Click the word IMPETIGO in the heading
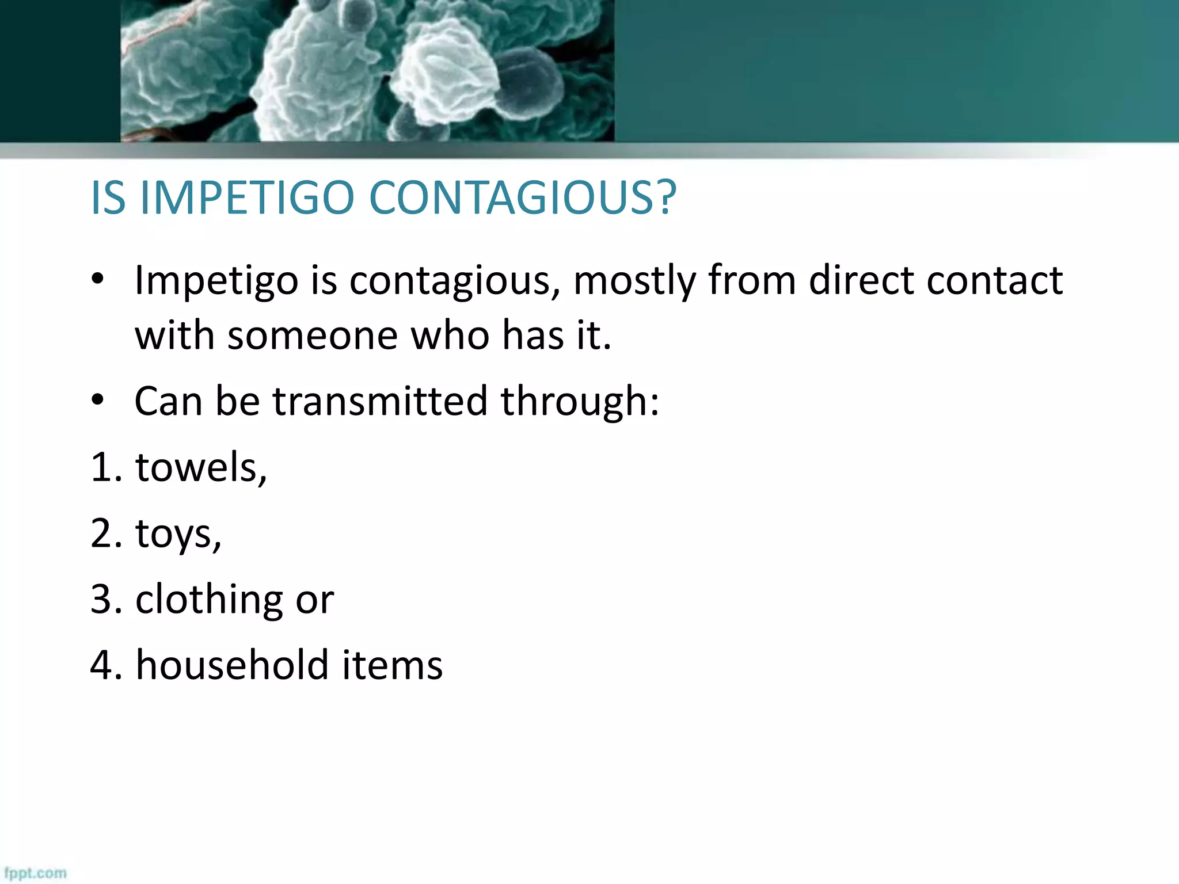[x=246, y=198]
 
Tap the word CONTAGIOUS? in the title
[x=522, y=198]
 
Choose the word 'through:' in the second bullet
[x=580, y=402]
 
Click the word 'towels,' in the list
[x=201, y=467]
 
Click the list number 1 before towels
[x=100, y=467]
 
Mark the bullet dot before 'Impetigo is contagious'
[x=97, y=279]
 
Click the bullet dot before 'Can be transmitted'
[x=97, y=399]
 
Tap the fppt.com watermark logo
[x=35, y=872]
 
